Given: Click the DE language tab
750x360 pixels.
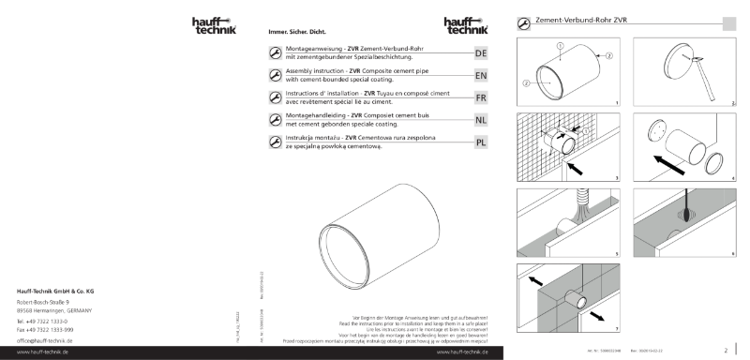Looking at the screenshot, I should [480, 53].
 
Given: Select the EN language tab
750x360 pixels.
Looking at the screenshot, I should [480, 75].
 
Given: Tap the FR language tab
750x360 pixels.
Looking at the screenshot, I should [480, 97].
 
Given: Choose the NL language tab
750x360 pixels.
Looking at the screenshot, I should [480, 120].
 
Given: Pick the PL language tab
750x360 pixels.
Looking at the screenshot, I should [480, 142].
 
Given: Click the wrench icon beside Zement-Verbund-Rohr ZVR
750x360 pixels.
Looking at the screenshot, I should [523, 22].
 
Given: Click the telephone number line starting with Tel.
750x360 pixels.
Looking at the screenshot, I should [46, 321].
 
